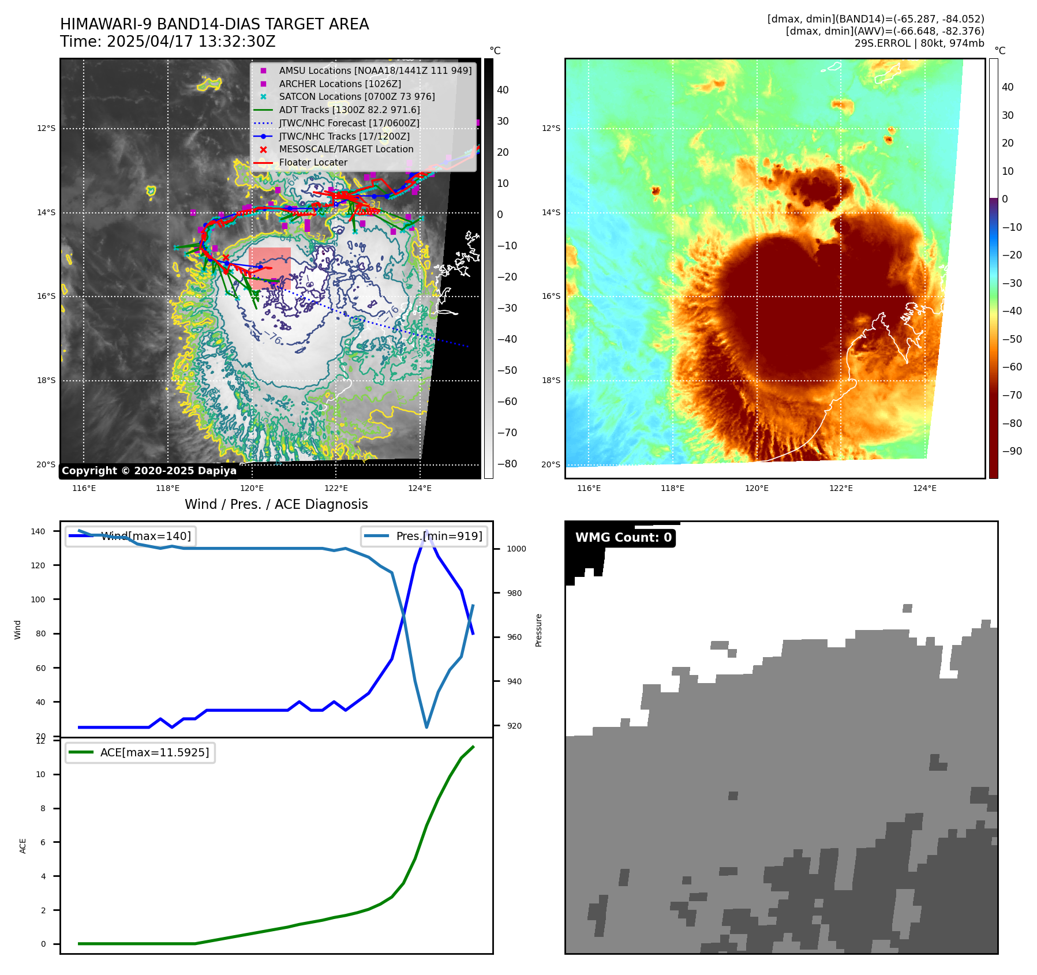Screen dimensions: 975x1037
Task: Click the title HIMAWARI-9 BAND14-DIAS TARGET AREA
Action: coord(214,24)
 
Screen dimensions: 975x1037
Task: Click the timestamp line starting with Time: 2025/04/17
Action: coord(167,42)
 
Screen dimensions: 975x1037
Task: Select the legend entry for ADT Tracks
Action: coord(349,110)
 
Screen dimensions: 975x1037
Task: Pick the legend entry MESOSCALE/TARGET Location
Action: coord(346,149)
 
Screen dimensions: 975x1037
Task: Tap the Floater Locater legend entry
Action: coord(313,163)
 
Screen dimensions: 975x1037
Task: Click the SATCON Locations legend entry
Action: coord(357,96)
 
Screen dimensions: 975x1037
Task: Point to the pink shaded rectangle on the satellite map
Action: coord(269,268)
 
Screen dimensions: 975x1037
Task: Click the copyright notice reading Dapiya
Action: coord(149,471)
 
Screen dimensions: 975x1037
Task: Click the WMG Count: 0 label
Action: coord(623,538)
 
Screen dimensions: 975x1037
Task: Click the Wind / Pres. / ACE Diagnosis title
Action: coord(276,504)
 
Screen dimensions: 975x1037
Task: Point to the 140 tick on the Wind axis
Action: coord(38,531)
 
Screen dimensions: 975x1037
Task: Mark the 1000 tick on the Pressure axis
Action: coord(516,549)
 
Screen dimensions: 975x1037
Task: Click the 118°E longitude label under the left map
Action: coord(167,488)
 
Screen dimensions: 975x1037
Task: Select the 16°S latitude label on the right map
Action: coord(551,296)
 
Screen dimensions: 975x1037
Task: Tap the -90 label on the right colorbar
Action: coord(1012,451)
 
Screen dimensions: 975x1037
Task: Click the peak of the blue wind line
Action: coord(426,531)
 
